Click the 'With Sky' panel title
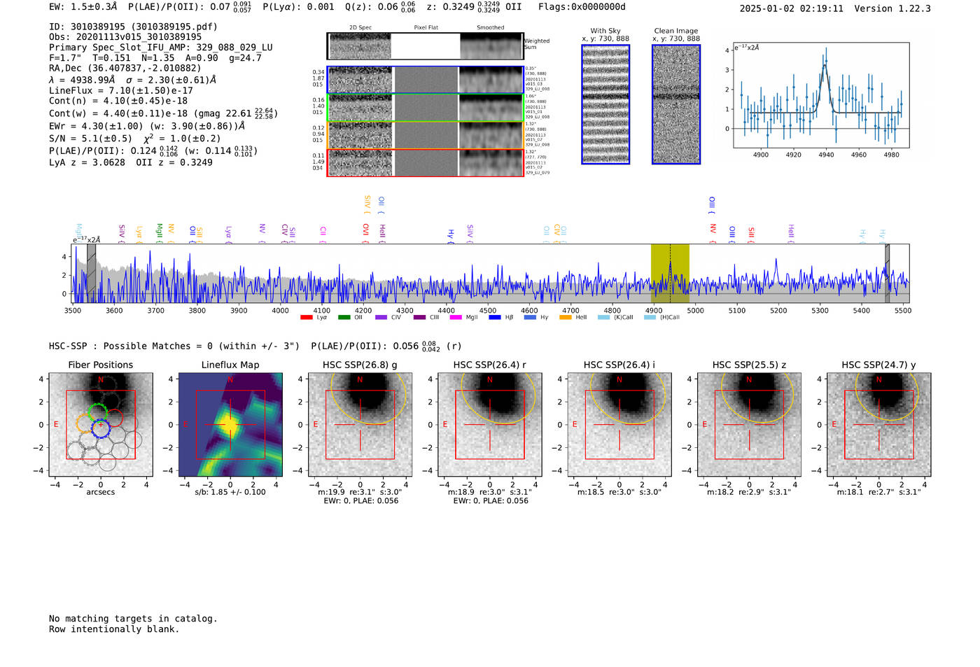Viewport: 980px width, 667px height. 605,31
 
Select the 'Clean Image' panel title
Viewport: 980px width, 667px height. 675,31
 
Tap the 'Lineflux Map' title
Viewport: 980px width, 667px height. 230,365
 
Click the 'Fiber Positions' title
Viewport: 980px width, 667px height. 100,365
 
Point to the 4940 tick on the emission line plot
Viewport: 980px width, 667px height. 826,155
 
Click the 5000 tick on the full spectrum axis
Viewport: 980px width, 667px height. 695,310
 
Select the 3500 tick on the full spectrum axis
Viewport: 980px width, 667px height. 73,310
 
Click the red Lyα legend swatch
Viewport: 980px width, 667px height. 306,318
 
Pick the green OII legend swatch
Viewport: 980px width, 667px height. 344,318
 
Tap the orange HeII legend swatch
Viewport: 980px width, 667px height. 566,318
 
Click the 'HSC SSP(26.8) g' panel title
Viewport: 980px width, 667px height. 360,365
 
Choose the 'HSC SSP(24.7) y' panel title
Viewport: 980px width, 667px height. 878,365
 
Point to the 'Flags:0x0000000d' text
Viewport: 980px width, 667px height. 582,7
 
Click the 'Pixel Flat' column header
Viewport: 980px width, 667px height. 426,27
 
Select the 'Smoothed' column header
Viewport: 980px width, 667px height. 490,27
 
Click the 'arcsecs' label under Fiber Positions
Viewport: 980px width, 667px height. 100,492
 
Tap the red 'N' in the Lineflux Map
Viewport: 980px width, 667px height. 230,380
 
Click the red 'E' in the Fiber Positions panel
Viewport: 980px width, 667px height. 56,424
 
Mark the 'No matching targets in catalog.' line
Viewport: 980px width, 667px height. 133,619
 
